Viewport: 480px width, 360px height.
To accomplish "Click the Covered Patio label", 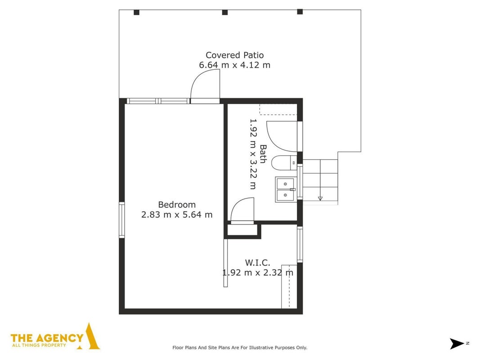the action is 234,55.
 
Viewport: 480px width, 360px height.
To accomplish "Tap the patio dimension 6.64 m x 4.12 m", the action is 234,65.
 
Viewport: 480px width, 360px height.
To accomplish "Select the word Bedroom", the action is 177,204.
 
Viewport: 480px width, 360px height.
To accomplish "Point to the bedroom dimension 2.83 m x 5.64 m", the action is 177,215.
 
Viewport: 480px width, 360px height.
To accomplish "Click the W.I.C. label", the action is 257,263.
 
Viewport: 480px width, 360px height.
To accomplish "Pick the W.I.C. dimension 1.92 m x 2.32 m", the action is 257,272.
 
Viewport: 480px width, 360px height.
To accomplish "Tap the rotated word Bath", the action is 263,154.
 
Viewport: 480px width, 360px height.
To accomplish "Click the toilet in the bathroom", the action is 284,163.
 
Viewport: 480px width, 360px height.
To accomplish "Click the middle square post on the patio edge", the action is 224,12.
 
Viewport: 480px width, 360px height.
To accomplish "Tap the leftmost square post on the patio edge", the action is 136,12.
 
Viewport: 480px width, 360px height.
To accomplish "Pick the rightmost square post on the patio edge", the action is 300,12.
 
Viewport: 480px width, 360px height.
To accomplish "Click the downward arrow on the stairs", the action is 320,198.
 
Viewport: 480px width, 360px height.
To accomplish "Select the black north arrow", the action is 457,343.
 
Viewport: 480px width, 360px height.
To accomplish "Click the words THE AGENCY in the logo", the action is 47,338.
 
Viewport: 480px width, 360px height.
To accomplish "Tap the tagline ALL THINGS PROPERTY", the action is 39,345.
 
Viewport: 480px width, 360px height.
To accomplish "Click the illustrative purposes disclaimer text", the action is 240,347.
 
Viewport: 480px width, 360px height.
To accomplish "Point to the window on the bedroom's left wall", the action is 122,220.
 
